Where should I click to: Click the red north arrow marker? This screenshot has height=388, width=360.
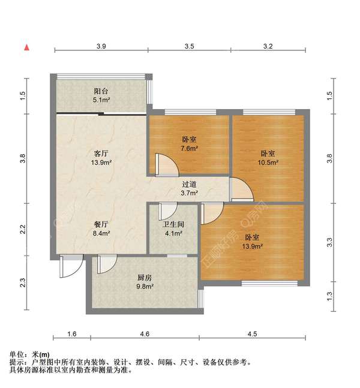point(26,47)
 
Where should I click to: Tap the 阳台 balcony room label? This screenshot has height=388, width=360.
point(101,91)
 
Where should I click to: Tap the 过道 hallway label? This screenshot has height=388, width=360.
point(190,184)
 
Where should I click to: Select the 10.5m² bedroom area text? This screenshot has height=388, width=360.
point(268,162)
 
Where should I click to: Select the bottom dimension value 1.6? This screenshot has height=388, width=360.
point(72,334)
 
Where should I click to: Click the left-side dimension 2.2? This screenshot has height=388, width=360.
point(22,229)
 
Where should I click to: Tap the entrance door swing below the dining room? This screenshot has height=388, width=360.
point(70,267)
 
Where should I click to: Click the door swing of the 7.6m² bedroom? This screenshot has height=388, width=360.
point(163,164)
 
